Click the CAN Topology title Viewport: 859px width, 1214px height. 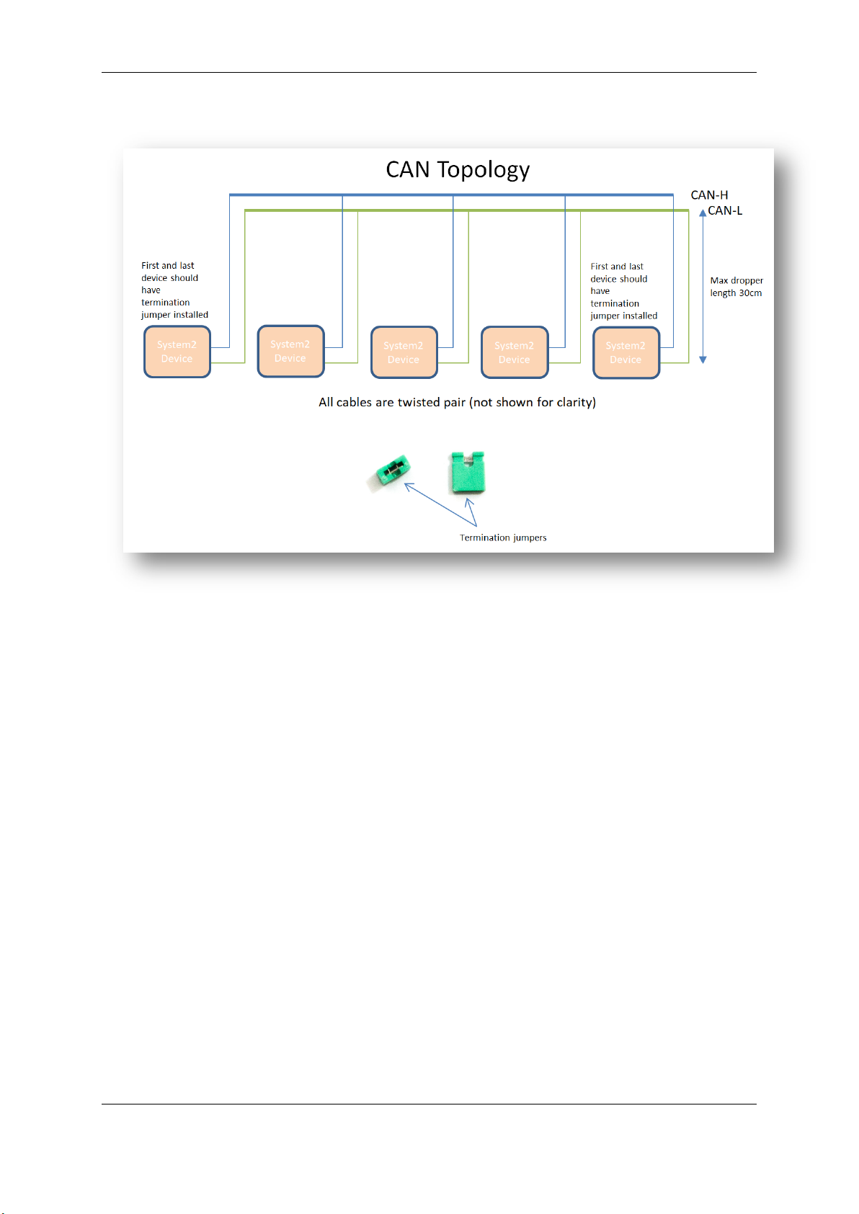click(x=458, y=170)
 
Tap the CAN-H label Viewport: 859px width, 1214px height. click(x=709, y=195)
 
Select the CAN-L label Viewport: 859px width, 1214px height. click(x=725, y=211)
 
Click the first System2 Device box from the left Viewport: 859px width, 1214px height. click(x=177, y=352)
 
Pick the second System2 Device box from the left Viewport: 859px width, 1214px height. click(x=290, y=351)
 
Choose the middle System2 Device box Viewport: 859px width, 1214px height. click(x=404, y=352)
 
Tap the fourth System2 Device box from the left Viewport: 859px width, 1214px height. click(x=515, y=352)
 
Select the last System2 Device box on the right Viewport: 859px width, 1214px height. click(x=626, y=352)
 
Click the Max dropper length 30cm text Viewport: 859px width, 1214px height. click(x=736, y=287)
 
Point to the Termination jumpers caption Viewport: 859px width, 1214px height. click(x=503, y=537)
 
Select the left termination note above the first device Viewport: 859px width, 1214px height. click(x=174, y=290)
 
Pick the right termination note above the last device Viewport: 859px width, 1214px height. click(x=623, y=291)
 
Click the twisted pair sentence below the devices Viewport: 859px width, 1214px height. click(x=457, y=402)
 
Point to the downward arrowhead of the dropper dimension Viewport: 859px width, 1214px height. click(x=703, y=360)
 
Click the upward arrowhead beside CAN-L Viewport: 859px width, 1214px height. click(x=703, y=213)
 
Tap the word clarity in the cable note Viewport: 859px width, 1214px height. click(x=574, y=402)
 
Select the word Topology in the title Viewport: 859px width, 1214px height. click(x=483, y=171)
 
